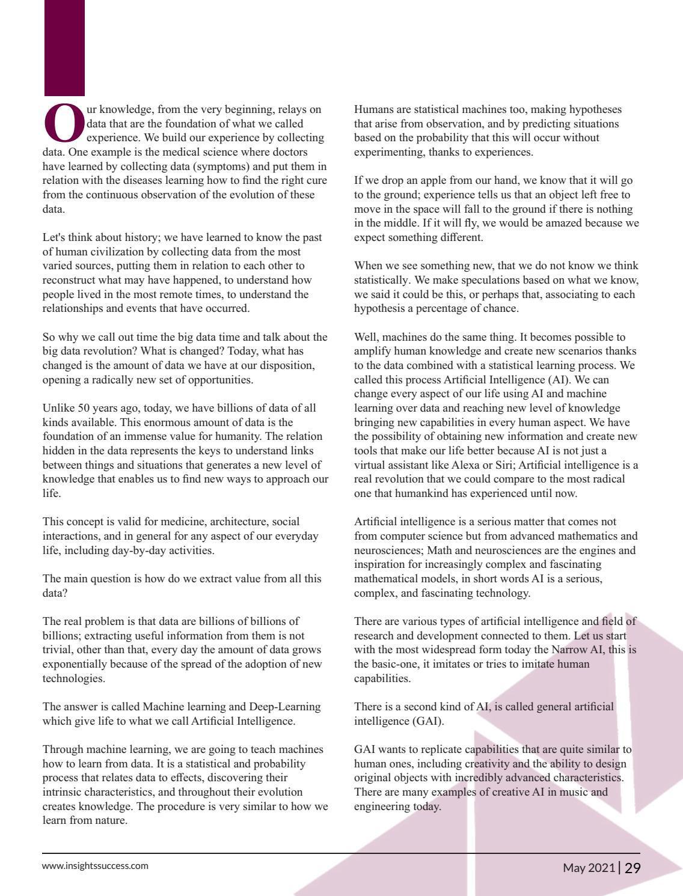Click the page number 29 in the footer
[632, 868]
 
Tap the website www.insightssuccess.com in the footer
[95, 866]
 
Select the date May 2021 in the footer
[589, 868]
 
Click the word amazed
[569, 224]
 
